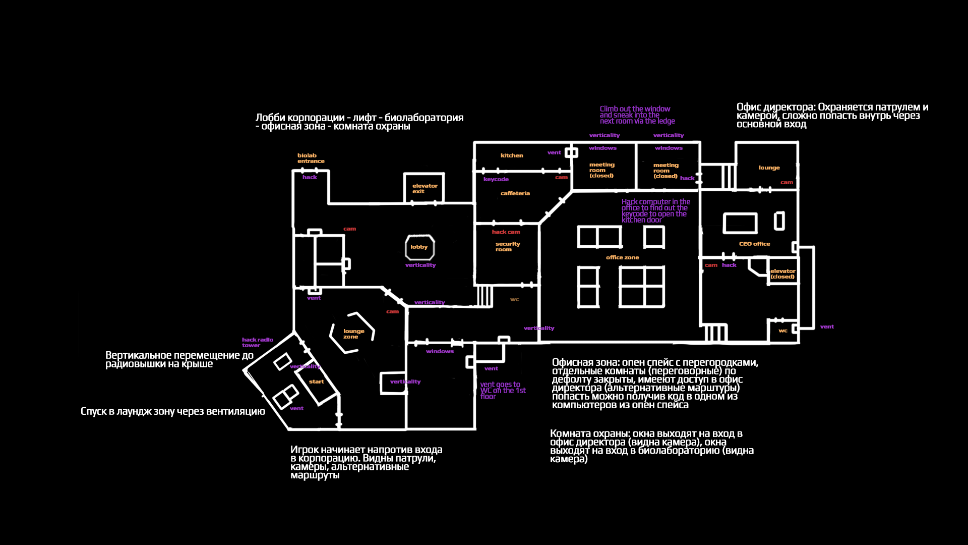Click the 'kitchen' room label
[512, 155]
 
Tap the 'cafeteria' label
[515, 193]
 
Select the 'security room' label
[507, 247]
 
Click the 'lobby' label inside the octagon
[419, 247]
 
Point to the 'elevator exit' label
[425, 189]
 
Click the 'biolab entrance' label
[310, 158]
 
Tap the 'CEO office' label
[754, 244]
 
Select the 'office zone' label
[622, 257]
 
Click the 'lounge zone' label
[353, 334]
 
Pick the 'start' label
[317, 381]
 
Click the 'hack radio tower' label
[257, 343]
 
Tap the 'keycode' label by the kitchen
[496, 179]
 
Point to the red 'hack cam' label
[506, 232]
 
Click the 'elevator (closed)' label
[782, 274]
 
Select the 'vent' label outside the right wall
[827, 326]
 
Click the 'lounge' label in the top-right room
[769, 168]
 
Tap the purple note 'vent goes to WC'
[502, 391]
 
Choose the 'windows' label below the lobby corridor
[440, 351]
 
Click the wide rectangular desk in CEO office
[740, 223]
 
